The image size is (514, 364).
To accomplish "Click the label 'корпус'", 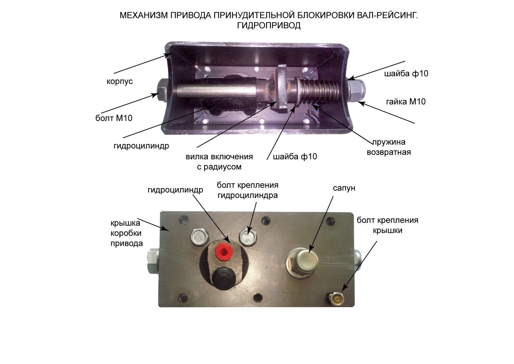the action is (120, 82).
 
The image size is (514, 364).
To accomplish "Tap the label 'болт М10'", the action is (114, 118).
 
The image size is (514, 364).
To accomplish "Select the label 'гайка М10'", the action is (406, 102).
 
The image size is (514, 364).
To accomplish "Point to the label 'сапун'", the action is (344, 188).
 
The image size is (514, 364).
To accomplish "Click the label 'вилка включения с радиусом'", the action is (219, 162).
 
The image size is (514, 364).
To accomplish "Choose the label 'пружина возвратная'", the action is (389, 147).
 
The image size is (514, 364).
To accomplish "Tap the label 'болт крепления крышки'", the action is (387, 225).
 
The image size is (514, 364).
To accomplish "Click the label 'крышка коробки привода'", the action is (126, 233).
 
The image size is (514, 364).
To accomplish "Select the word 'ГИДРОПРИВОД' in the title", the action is (269, 25).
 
